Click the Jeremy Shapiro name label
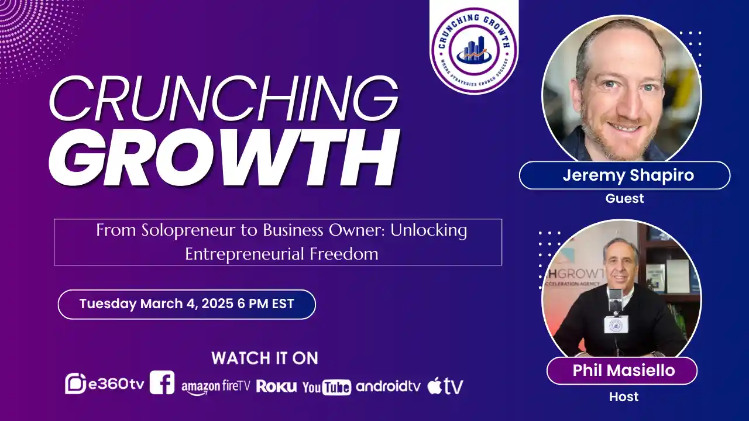click(x=624, y=175)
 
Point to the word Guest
click(x=624, y=198)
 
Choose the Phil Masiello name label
click(x=621, y=370)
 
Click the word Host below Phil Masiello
click(x=624, y=396)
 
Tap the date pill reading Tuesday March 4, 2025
click(x=187, y=304)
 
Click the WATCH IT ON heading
click(x=264, y=358)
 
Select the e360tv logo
click(x=105, y=384)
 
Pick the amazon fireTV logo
click(x=215, y=387)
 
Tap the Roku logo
click(x=276, y=387)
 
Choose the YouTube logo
click(x=327, y=387)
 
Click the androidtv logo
click(x=388, y=386)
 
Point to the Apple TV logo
click(x=445, y=386)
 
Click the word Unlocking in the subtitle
click(x=428, y=230)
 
